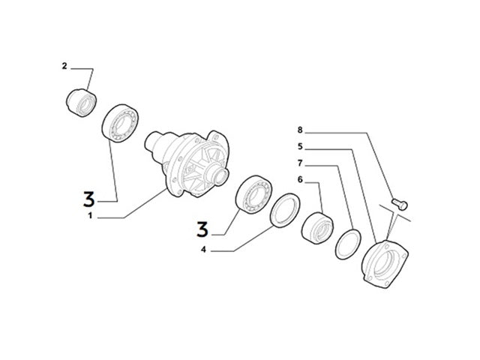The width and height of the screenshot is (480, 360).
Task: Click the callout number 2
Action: [x=64, y=67]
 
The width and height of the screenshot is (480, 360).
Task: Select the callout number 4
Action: [x=204, y=249]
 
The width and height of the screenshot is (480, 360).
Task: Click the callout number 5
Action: [x=300, y=147]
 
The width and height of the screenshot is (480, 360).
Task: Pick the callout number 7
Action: [x=300, y=163]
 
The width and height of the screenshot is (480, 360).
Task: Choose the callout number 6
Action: [x=300, y=180]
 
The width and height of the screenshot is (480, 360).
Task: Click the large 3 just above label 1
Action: [x=89, y=199]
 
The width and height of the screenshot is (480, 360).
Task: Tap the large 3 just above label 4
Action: [x=202, y=227]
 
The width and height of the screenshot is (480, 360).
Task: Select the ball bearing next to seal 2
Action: [x=120, y=122]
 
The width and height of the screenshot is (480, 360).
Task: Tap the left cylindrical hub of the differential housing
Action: [x=155, y=141]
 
